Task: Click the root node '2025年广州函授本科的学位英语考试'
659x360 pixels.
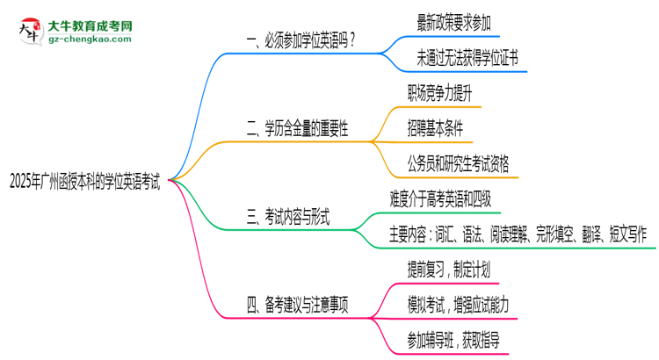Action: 84,181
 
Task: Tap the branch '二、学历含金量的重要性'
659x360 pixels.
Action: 299,128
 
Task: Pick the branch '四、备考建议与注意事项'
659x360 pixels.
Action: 299,306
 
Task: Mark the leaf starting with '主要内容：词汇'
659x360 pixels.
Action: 518,234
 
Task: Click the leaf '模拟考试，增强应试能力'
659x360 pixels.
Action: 458,305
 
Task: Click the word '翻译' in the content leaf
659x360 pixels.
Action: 595,234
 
